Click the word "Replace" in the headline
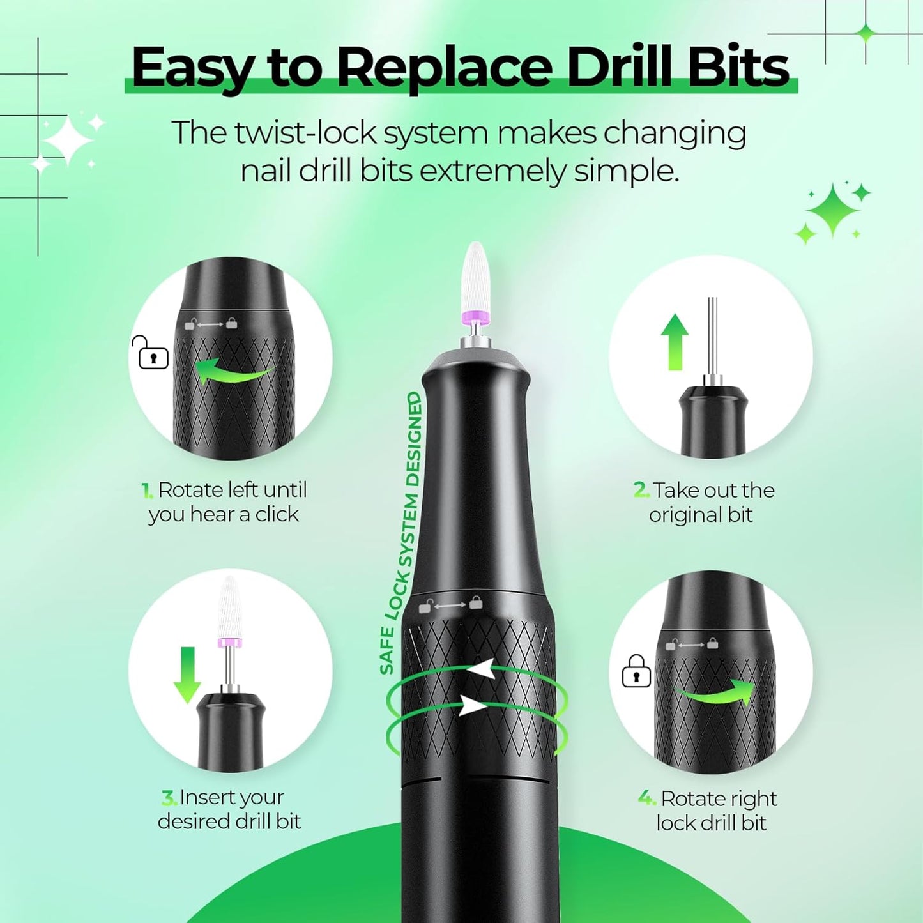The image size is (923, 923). tap(444, 67)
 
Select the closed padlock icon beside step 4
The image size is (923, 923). tap(636, 672)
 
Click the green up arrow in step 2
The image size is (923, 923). tap(675, 342)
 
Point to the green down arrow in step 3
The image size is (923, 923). tap(187, 675)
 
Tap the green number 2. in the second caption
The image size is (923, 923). tap(641, 490)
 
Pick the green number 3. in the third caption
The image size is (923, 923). tap(169, 798)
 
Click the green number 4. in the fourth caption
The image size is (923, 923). tap(647, 798)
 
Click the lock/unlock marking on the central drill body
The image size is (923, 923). tap(450, 604)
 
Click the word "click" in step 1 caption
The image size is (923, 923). tap(277, 514)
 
